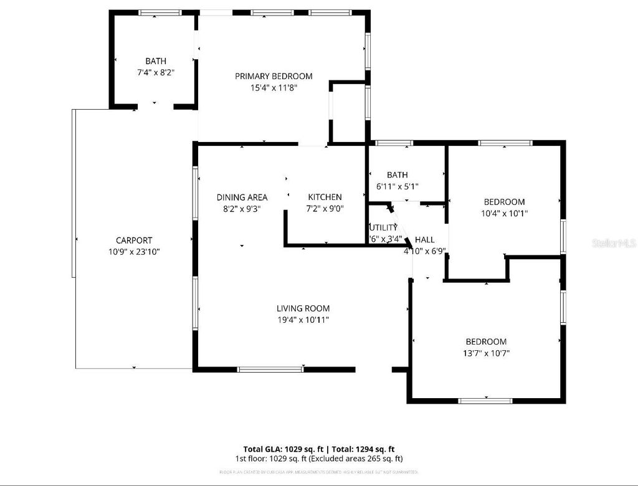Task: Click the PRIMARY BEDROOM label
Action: (274, 76)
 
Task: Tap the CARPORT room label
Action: (133, 240)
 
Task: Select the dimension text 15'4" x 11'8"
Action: (274, 88)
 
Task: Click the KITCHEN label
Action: (325, 197)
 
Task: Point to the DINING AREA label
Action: (242, 197)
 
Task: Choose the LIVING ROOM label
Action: (303, 308)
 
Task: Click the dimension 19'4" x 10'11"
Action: (303, 320)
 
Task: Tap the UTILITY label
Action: (383, 227)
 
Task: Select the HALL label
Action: (424, 239)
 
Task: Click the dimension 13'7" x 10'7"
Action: (486, 353)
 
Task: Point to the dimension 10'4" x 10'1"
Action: (504, 213)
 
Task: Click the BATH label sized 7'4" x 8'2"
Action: (156, 60)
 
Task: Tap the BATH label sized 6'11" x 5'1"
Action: (397, 174)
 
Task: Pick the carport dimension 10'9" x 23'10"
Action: (133, 252)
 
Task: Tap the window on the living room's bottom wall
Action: (271, 369)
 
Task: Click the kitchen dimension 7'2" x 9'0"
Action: (325, 209)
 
